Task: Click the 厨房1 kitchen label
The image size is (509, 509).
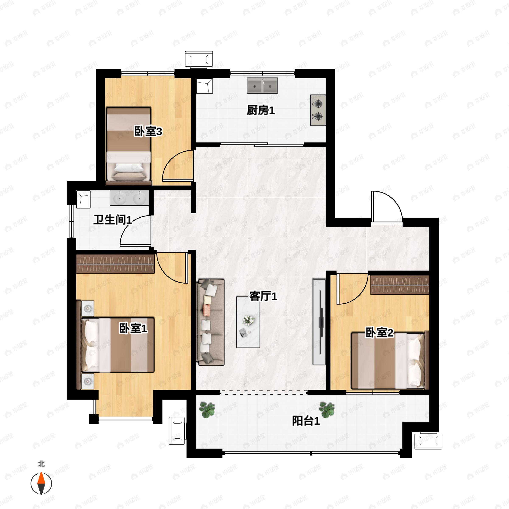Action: [x=261, y=110]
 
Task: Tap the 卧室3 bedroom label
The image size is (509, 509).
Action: [x=148, y=131]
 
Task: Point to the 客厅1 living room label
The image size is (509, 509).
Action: [x=263, y=296]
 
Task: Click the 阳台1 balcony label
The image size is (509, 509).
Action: [x=306, y=421]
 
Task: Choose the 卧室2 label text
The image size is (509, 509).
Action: [x=379, y=333]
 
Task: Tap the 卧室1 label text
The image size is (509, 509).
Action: [x=133, y=328]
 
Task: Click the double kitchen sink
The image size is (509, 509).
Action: [x=262, y=85]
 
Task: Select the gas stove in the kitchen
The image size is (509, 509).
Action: [x=318, y=110]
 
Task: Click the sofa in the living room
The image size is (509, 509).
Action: [x=210, y=322]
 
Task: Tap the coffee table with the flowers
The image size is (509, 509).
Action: [x=248, y=322]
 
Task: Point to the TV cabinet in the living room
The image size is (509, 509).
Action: [x=319, y=322]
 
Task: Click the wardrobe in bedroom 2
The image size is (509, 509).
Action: [x=399, y=285]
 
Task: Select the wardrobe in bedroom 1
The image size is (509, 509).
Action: [x=115, y=264]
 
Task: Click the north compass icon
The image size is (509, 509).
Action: [x=41, y=484]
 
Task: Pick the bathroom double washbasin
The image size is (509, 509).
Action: [x=129, y=198]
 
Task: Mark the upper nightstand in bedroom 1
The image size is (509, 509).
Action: [x=87, y=308]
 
